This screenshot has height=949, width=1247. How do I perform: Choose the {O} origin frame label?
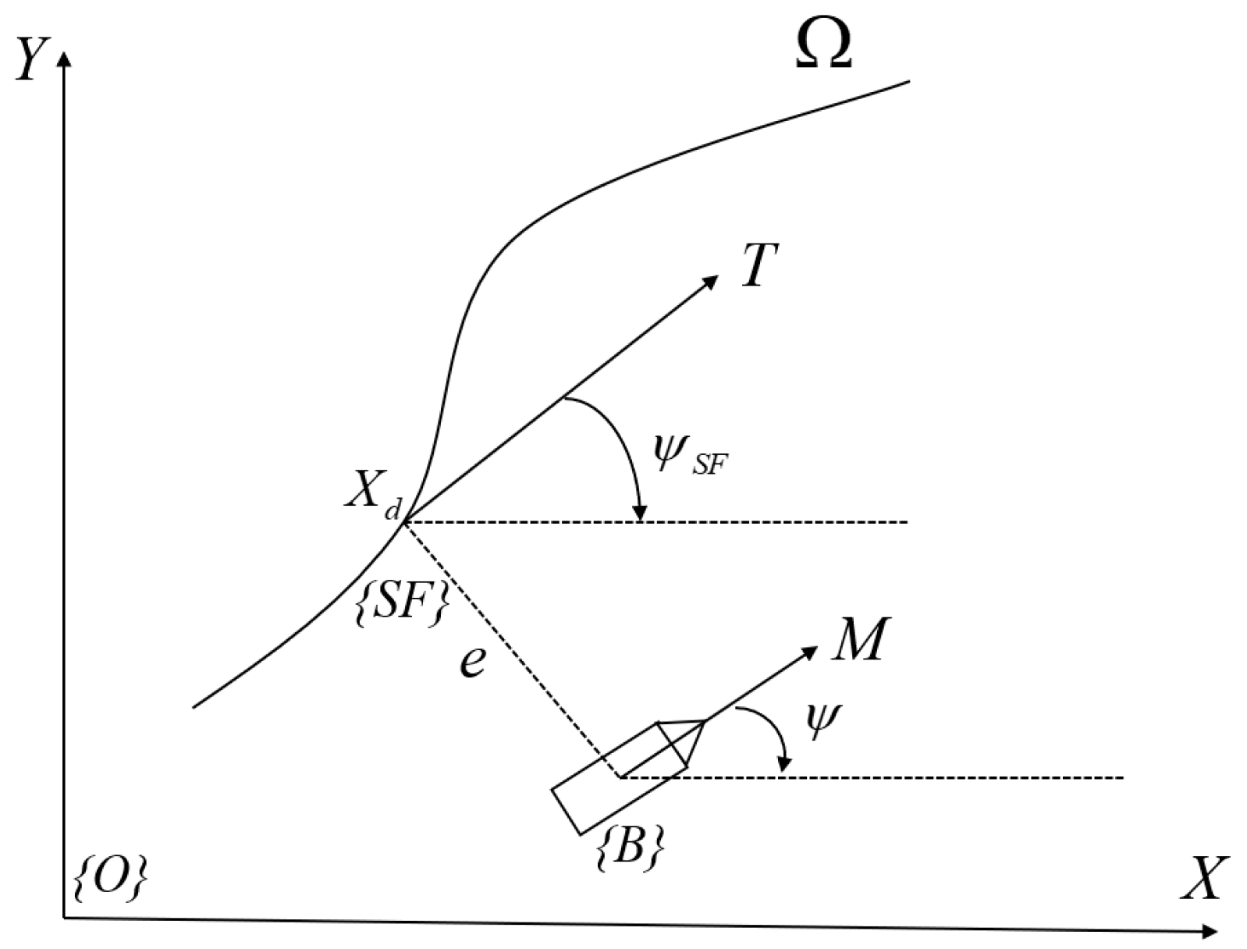point(109,880)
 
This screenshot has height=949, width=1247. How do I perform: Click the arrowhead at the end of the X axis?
point(1209,930)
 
